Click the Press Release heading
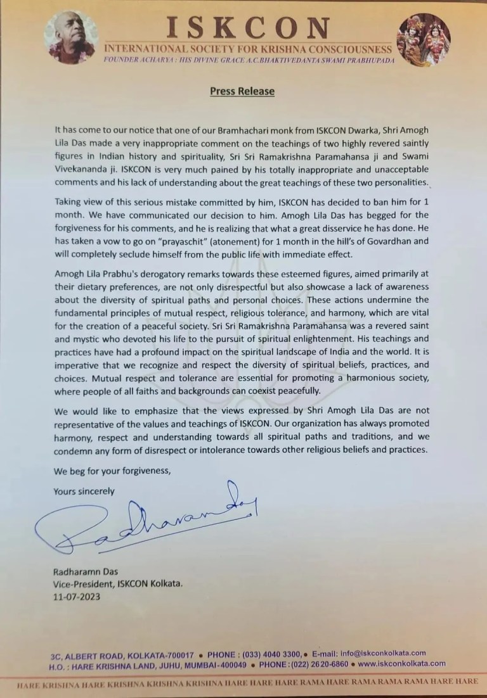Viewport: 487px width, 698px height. point(242,91)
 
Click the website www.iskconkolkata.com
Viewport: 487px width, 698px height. point(401,663)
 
